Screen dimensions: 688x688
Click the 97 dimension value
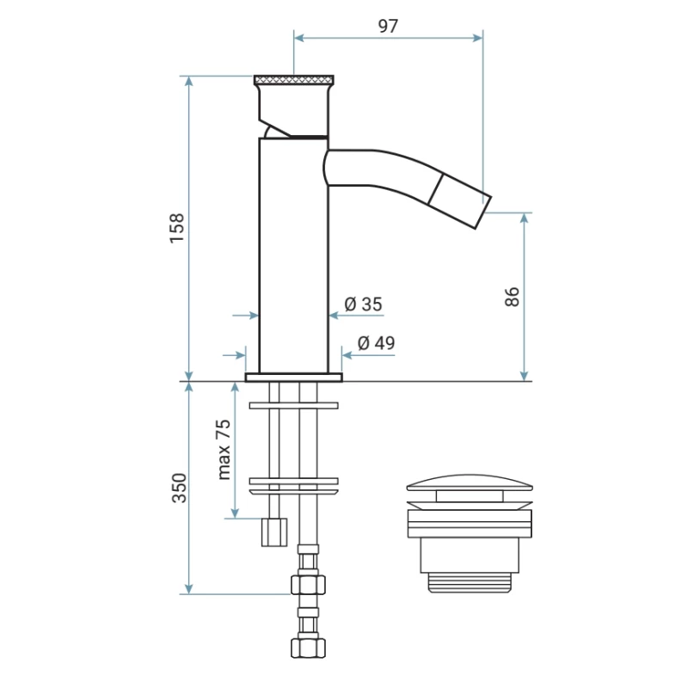tap(388, 27)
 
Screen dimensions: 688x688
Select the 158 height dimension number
tap(177, 228)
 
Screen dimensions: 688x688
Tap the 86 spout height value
tap(512, 297)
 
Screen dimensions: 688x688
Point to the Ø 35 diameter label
tap(363, 304)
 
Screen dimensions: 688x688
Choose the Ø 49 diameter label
tap(376, 342)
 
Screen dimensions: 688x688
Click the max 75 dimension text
tap(224, 449)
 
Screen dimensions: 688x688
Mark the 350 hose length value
tap(179, 488)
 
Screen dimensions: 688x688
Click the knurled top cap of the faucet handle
tap(294, 80)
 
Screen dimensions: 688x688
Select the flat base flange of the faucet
tap(293, 378)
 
